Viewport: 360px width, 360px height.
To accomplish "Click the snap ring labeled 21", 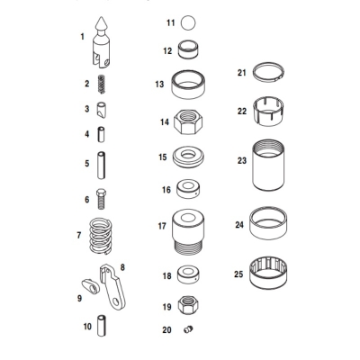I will [x=272, y=73].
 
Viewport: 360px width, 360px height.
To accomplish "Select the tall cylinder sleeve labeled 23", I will [x=271, y=163].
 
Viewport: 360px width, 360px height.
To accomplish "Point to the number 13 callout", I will [x=158, y=85].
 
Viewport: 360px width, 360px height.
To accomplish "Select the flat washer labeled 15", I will [x=190, y=157].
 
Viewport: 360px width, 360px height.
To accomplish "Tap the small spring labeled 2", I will [x=103, y=85].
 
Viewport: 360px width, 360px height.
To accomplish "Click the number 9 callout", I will [x=79, y=297].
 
